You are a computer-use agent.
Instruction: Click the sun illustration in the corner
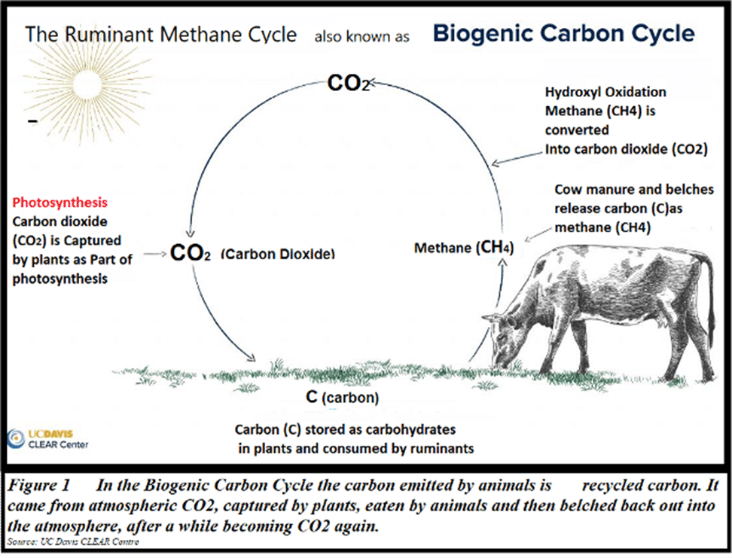pyautogui.click(x=87, y=86)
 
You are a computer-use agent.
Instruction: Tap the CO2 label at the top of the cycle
pyautogui.click(x=348, y=83)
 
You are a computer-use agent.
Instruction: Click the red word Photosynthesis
pyautogui.click(x=59, y=202)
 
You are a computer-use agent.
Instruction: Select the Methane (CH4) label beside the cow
pyautogui.click(x=464, y=247)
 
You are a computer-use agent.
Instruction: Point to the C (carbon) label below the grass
pyautogui.click(x=342, y=397)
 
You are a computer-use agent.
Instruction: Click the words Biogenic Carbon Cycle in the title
pyautogui.click(x=564, y=33)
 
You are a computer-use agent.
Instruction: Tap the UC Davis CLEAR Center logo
pyautogui.click(x=47, y=439)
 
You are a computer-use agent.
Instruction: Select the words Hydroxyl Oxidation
pyautogui.click(x=605, y=92)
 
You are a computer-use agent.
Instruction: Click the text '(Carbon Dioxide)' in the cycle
pyautogui.click(x=278, y=254)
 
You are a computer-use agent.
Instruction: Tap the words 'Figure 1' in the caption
pyautogui.click(x=38, y=485)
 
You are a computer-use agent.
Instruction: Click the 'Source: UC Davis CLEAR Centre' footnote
pyautogui.click(x=73, y=541)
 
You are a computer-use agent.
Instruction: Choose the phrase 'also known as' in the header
pyautogui.click(x=361, y=37)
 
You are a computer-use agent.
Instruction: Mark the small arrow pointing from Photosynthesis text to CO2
pyautogui.click(x=155, y=254)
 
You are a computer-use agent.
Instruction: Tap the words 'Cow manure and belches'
pyautogui.click(x=634, y=190)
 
